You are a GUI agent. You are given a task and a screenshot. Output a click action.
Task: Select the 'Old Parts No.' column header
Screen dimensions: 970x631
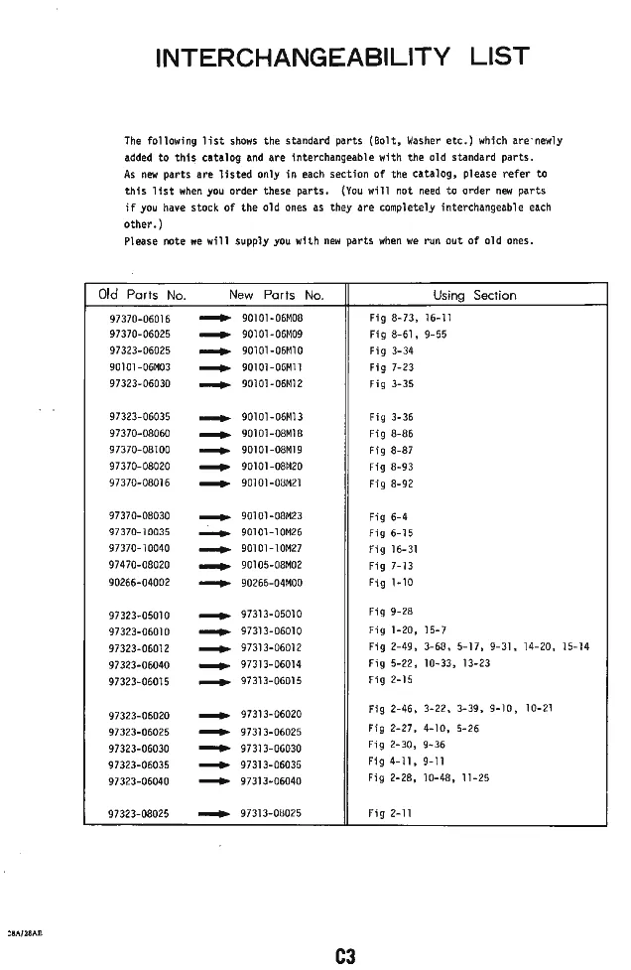click(143, 295)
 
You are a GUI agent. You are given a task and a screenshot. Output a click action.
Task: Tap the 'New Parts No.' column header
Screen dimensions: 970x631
click(276, 295)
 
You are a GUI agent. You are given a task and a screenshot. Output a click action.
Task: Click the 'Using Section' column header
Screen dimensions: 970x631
click(474, 295)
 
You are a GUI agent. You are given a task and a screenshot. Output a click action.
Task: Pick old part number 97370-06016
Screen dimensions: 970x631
click(140, 319)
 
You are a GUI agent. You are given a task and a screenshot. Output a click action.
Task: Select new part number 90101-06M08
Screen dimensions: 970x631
click(272, 319)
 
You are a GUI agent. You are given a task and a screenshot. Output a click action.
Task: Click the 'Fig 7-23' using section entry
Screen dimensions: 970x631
click(391, 366)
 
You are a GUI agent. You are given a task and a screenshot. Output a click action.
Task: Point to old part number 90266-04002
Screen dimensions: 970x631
click(140, 583)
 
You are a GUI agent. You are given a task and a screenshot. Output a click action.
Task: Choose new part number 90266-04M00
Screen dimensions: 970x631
click(272, 583)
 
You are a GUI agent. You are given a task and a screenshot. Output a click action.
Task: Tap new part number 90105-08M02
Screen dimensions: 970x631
click(272, 566)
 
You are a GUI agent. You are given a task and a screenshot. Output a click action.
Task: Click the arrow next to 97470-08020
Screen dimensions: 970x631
click(215, 566)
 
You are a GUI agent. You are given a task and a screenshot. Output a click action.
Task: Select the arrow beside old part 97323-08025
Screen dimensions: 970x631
click(215, 813)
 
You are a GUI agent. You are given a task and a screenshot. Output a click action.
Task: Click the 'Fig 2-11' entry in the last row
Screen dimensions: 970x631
click(390, 813)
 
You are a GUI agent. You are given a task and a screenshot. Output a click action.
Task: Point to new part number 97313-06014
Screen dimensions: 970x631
click(272, 664)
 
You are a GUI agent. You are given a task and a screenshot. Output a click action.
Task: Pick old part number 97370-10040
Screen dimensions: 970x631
click(140, 549)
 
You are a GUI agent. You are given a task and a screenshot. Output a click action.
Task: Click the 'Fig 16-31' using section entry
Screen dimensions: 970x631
click(393, 549)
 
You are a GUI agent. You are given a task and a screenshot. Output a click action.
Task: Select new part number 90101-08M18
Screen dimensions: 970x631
click(272, 433)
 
